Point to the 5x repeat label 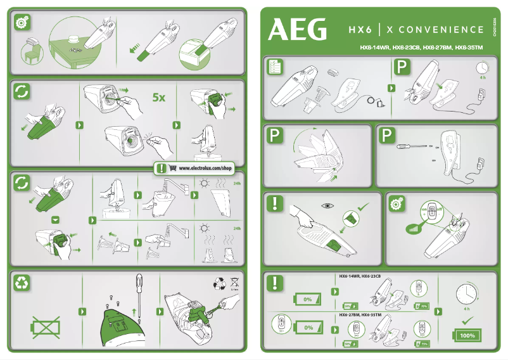(x=159, y=98)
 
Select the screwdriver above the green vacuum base (x=139, y=291)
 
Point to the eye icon (x=327, y=205)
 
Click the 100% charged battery (x=467, y=335)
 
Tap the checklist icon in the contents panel (x=275, y=68)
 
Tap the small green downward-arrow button (x=55, y=219)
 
